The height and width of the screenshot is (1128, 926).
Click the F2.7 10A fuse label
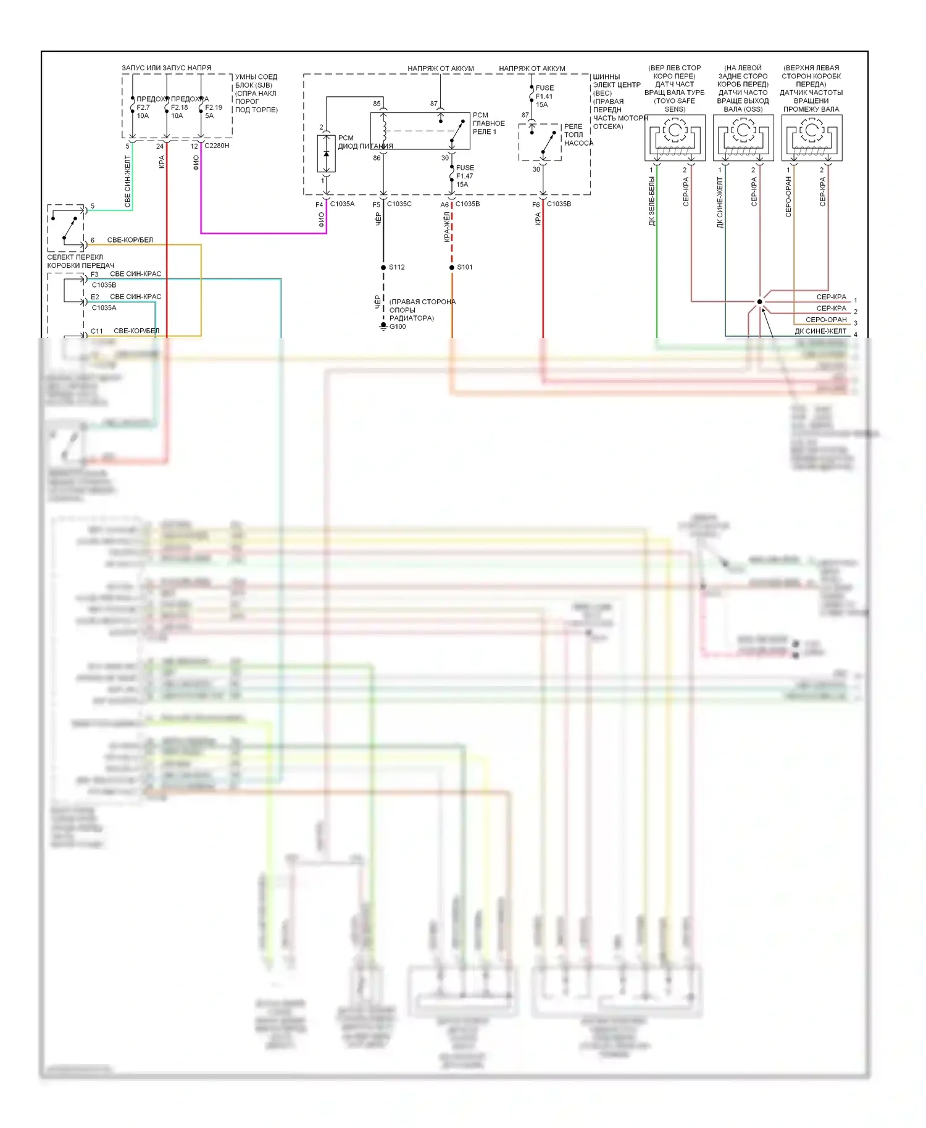click(143, 111)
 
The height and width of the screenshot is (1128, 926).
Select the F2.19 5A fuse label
click(213, 111)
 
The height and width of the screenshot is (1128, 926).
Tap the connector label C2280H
click(217, 146)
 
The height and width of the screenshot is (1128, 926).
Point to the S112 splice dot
click(383, 267)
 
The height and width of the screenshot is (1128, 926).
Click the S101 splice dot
click(452, 267)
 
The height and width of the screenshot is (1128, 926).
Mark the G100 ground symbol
click(383, 326)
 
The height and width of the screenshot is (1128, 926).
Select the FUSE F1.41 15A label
click(544, 96)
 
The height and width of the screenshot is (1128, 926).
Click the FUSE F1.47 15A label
click(465, 176)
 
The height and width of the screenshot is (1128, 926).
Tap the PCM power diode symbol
click(326, 154)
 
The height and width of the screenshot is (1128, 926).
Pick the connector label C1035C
click(399, 204)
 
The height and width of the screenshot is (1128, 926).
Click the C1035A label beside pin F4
click(342, 204)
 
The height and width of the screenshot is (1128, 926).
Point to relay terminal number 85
click(377, 104)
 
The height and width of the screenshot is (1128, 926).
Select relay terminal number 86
click(377, 158)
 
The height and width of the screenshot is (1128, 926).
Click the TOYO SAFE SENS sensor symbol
click(675, 138)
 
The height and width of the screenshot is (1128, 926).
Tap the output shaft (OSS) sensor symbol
click(743, 138)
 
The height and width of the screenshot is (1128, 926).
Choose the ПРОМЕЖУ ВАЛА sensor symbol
click(812, 138)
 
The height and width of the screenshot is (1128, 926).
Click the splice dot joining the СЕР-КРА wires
click(759, 302)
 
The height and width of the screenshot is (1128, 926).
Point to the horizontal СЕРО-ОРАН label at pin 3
click(826, 320)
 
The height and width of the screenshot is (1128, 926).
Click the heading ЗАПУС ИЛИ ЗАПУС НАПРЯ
click(166, 68)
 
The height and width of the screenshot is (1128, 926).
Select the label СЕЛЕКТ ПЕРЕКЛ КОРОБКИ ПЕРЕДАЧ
click(80, 261)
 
